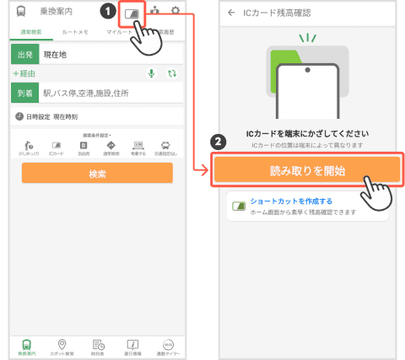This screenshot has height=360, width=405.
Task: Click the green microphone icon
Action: pos(152,73)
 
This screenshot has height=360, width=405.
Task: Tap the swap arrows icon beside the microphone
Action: pos(172,73)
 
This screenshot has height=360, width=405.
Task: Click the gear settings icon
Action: pos(175,11)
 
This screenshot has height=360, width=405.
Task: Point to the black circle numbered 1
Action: pos(107,12)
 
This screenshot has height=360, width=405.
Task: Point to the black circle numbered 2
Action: pos(219,142)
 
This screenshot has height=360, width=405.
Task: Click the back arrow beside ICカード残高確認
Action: pos(232,13)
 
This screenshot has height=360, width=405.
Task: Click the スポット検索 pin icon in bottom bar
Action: pos(61,343)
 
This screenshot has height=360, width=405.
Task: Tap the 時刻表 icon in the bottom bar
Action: pos(97,343)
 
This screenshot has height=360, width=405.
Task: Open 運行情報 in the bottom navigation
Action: pos(132,343)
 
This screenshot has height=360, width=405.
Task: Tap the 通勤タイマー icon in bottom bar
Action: pos(168,343)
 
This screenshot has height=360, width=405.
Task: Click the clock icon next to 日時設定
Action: pos(19,116)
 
